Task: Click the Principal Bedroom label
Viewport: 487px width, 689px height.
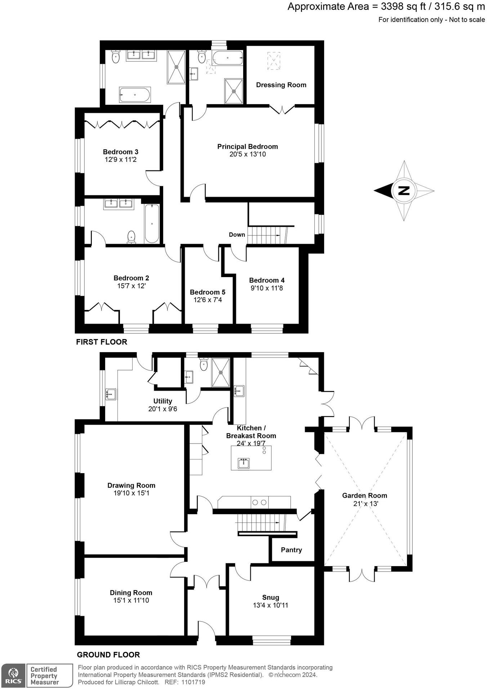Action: pos(247,147)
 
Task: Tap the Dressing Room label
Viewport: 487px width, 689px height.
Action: pos(281,85)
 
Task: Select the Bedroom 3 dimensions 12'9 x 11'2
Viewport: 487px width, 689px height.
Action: pos(121,159)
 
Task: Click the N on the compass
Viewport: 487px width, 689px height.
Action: pos(405,190)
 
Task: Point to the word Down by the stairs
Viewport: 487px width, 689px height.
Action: pos(237,235)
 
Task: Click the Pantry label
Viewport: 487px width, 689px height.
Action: pos(291,550)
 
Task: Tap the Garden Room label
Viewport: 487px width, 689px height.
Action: pos(365,495)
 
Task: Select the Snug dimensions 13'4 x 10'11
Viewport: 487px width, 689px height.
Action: pos(271,605)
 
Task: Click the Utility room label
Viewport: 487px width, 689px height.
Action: pos(163,401)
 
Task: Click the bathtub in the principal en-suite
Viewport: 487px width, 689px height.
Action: pos(227,58)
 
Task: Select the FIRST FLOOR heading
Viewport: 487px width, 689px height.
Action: pos(102,342)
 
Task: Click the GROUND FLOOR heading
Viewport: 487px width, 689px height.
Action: pos(108,655)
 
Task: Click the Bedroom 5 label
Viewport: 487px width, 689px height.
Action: pos(207,292)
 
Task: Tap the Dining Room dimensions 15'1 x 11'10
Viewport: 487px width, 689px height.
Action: pos(131,600)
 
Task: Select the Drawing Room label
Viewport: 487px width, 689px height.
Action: pos(131,485)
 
